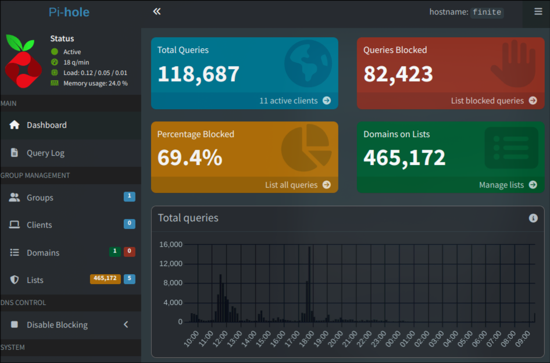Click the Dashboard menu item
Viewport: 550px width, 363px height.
[x=47, y=125]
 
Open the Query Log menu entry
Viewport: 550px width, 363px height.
[x=45, y=153]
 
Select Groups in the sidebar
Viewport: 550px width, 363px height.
[x=40, y=197]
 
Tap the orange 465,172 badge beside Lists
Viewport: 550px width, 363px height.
[x=105, y=279]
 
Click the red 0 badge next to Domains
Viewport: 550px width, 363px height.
[x=129, y=251]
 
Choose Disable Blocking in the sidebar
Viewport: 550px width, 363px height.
[x=57, y=325]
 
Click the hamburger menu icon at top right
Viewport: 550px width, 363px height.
[x=538, y=11]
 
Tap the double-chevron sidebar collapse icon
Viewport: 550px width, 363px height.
[x=156, y=11]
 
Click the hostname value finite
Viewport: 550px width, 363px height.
[x=487, y=12]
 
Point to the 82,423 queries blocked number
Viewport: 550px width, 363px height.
[x=398, y=74]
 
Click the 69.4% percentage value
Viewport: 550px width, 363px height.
[x=190, y=157]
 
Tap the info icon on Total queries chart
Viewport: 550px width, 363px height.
[x=533, y=218]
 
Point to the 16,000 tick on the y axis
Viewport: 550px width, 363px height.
[x=170, y=245]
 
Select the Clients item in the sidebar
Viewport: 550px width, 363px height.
[x=39, y=225]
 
